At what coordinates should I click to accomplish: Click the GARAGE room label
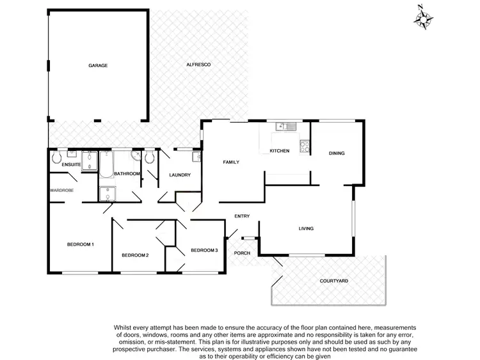tap(98, 65)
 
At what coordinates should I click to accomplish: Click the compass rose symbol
tap(422, 17)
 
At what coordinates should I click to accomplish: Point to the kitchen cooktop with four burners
tap(305, 146)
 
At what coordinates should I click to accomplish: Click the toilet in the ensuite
tap(56, 157)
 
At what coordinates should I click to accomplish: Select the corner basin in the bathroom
tap(136, 157)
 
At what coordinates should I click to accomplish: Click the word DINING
tap(337, 153)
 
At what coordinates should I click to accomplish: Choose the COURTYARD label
tap(333, 281)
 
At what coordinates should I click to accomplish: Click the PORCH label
tap(242, 253)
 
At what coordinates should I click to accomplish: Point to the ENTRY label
tap(242, 216)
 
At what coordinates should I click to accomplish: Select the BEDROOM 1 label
tap(81, 244)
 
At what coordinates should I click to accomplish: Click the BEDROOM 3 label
tap(204, 249)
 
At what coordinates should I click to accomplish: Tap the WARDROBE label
tap(61, 190)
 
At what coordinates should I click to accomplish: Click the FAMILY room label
tap(230, 162)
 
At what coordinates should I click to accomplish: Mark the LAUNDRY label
tap(180, 175)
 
